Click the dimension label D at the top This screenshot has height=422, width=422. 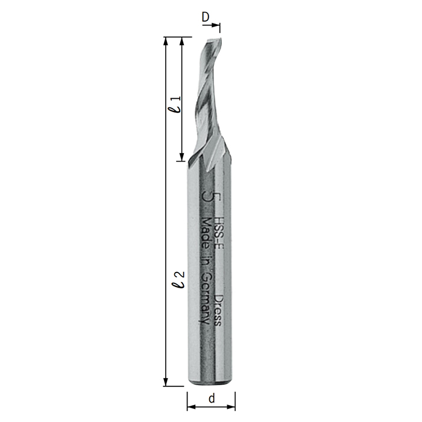(206, 17)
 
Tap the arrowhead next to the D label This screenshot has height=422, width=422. (215, 25)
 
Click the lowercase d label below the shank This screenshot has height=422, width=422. (212, 398)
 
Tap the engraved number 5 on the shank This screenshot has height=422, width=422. (211, 196)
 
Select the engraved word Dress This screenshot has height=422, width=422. (218, 310)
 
